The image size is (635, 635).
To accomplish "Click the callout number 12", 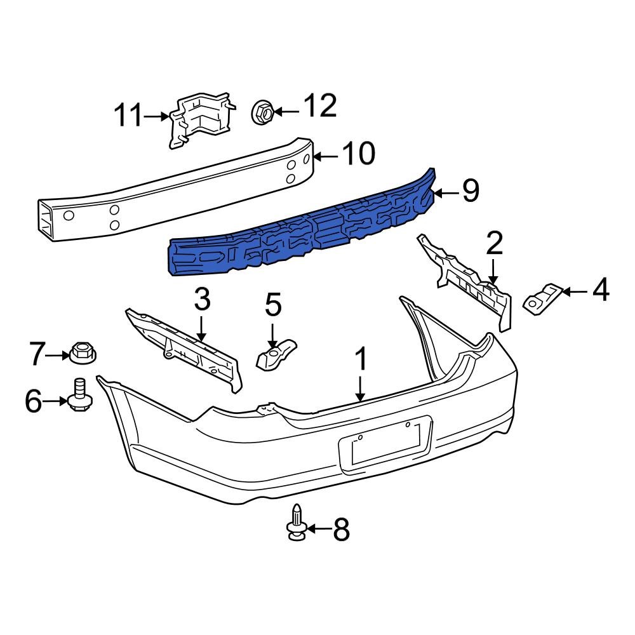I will [319, 106].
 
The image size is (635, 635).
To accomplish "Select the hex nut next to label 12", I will [263, 112].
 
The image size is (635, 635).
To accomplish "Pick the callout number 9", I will [470, 190].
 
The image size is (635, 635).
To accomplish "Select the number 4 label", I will [599, 290].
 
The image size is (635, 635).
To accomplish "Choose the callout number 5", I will [272, 305].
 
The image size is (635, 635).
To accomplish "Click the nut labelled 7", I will [81, 352].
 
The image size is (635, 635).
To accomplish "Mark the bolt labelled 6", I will [78, 395].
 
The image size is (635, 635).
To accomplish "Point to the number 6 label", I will [34, 400].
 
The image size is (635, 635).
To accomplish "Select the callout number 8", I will [341, 529].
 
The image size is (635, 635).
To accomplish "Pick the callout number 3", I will [201, 298].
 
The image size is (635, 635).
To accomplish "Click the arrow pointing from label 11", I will [156, 116].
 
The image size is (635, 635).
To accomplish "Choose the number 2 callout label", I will [495, 243].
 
